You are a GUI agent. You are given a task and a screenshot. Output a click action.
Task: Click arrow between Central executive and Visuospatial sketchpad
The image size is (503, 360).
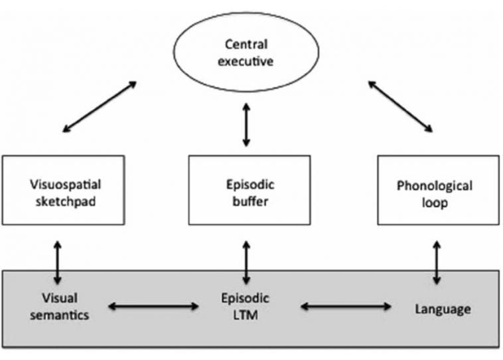point(98,106)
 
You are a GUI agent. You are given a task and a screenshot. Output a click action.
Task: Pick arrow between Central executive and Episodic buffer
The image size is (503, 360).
point(247,124)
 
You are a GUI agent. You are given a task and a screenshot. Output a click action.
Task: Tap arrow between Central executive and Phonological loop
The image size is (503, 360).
point(400,106)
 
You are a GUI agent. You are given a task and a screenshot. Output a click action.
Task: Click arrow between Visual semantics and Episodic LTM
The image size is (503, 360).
point(153,306)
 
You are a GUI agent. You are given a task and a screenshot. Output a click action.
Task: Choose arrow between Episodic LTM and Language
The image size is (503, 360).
point(346,306)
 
